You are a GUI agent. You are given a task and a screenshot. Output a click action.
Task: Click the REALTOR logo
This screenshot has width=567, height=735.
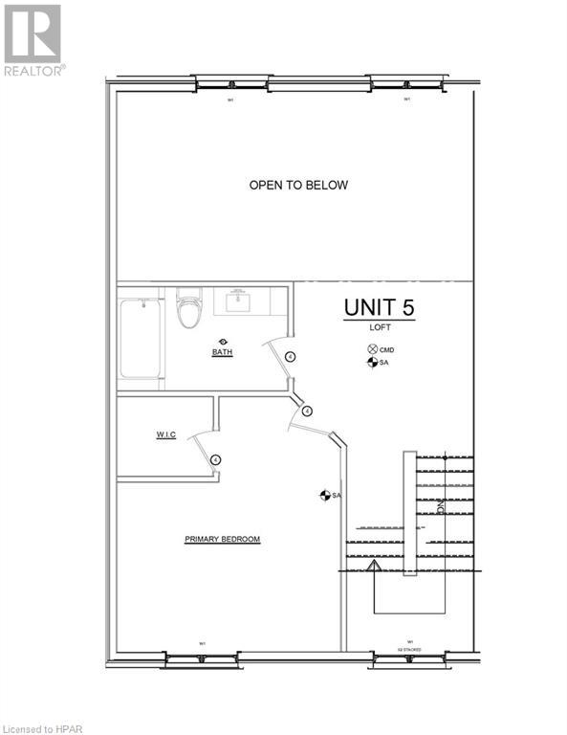point(33,40)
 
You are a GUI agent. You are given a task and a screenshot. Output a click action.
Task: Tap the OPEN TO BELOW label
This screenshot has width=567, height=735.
point(298,185)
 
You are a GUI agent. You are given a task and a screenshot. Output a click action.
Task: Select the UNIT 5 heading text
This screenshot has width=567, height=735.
point(380,308)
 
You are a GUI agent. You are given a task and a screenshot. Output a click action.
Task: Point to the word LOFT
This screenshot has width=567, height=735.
point(382,328)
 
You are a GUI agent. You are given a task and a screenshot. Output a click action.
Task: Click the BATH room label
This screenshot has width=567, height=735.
point(222,352)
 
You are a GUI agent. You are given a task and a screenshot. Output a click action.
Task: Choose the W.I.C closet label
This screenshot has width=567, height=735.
point(165,434)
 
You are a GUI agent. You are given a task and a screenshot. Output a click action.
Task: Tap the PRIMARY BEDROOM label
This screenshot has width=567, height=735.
point(222,540)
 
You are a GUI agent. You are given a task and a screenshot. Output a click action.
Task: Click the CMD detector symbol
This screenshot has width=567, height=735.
point(372,349)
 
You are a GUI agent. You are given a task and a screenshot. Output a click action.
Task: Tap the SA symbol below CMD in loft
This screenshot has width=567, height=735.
point(372,363)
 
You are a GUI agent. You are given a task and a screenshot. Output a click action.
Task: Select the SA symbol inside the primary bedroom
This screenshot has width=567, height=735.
point(324,495)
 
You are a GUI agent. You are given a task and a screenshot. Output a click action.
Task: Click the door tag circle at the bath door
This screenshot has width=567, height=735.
point(290,356)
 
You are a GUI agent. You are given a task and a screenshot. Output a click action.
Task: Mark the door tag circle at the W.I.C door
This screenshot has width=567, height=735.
point(216,459)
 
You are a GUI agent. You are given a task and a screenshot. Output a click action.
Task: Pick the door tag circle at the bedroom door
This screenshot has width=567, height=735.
point(307,411)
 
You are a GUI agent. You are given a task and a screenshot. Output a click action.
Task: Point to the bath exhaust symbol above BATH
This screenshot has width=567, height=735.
point(223,341)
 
